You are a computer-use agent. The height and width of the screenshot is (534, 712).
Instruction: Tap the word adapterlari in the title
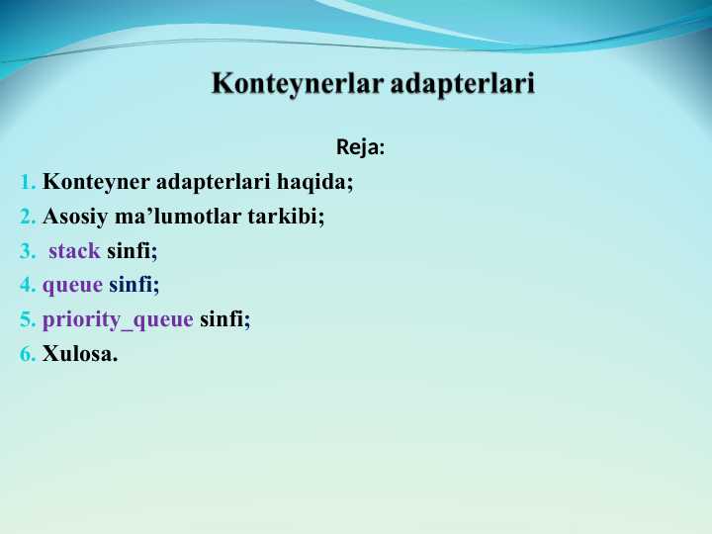pos(463,83)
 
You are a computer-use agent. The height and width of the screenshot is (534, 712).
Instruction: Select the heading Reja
pos(358,148)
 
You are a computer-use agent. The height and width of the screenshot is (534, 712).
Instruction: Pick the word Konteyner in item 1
pos(96,182)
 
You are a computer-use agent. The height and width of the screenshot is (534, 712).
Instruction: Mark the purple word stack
pos(74,250)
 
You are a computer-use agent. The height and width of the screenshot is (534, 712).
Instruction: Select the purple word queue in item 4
pos(72,286)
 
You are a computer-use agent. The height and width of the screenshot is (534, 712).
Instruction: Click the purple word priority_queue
pos(118,320)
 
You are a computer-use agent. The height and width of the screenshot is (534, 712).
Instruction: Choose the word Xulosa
pos(79,354)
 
